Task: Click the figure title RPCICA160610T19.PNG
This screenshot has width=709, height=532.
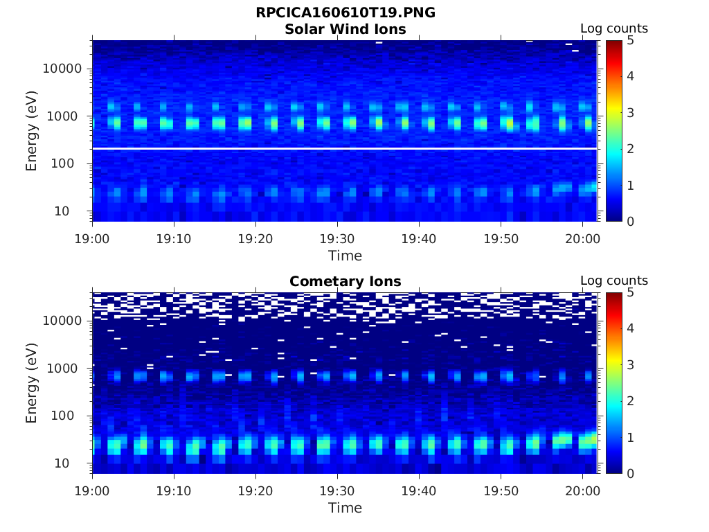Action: click(345, 13)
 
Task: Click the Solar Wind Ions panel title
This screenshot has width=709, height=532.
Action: click(345, 29)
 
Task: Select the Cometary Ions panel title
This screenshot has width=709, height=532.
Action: click(345, 281)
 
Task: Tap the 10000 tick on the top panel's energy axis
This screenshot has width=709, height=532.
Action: click(63, 69)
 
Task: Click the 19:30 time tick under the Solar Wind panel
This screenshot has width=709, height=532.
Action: click(337, 238)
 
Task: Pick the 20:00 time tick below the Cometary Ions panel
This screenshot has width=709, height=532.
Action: click(582, 490)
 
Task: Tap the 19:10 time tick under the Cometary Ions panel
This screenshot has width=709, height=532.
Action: click(174, 490)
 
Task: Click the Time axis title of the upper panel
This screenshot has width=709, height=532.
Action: click(345, 256)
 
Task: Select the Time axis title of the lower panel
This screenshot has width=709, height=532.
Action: click(345, 508)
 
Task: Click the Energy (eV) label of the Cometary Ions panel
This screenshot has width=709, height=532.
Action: click(31, 383)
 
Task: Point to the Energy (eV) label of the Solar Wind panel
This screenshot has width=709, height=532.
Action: click(31, 131)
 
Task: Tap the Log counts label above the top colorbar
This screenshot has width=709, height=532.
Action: click(613, 28)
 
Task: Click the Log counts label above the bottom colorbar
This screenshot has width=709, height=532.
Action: click(613, 281)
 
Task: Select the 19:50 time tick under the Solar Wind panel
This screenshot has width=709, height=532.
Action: click(501, 238)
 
